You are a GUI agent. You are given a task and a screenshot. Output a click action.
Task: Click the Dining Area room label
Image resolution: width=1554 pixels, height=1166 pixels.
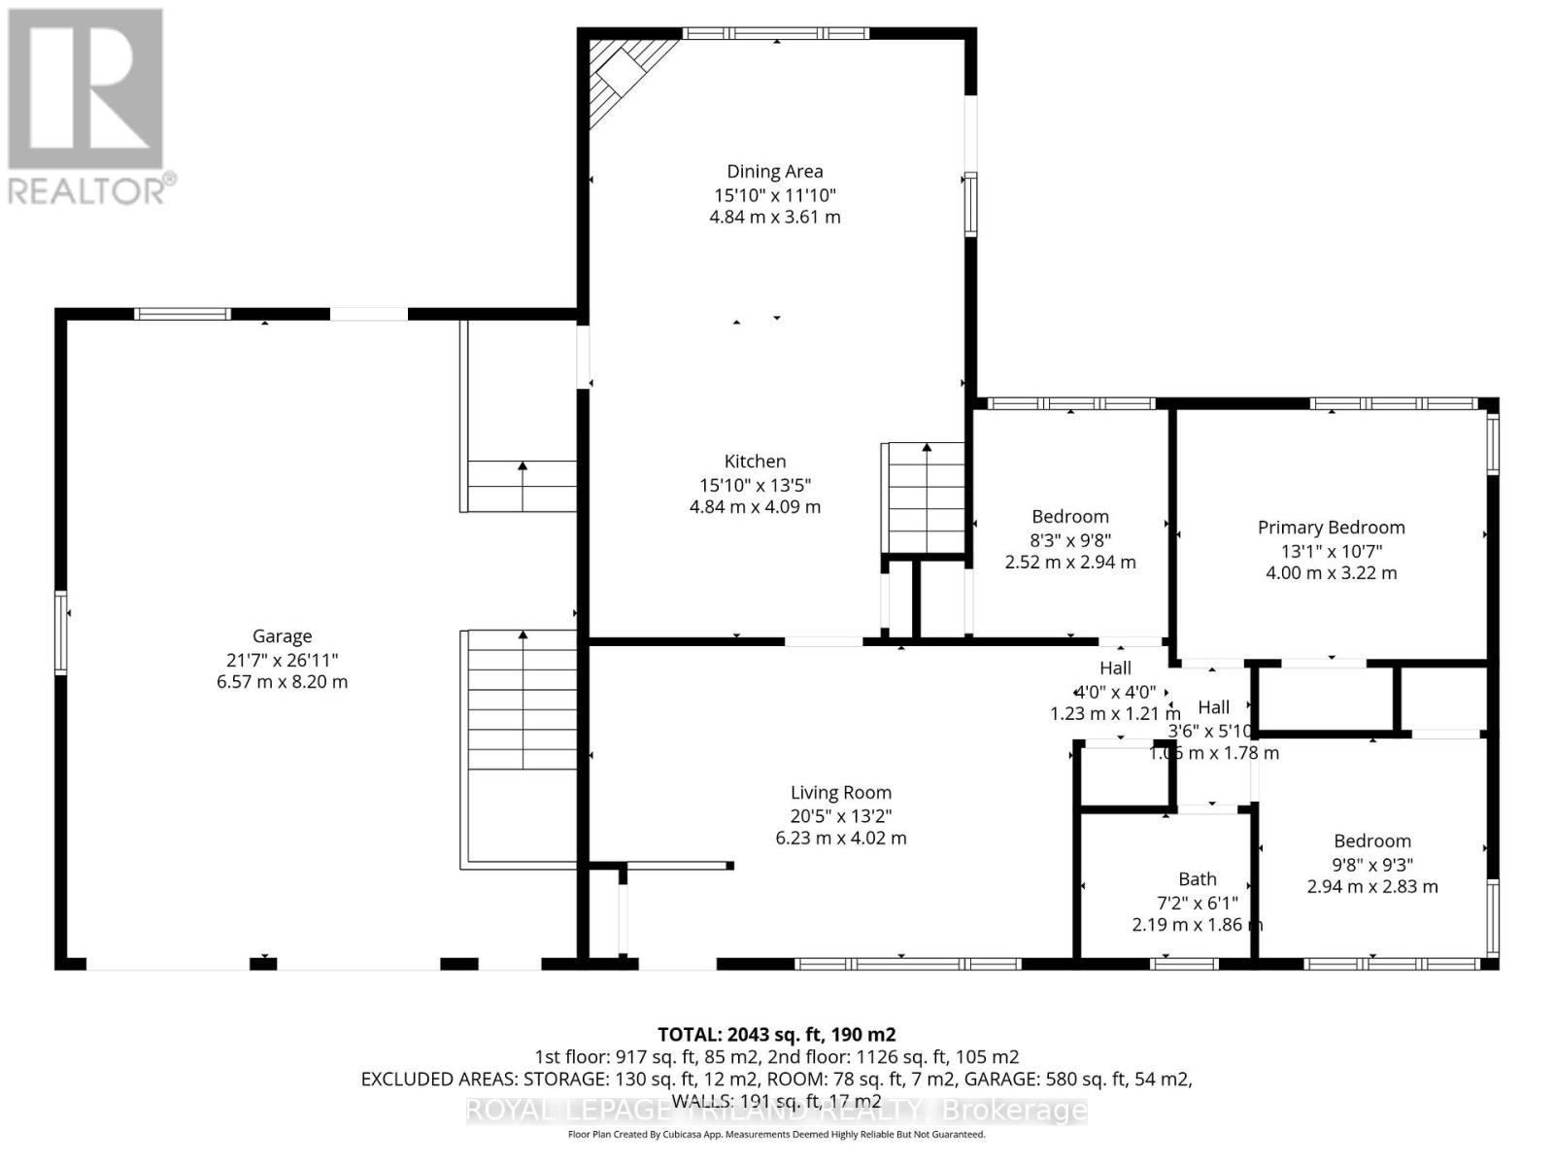pyautogui.click(x=775, y=172)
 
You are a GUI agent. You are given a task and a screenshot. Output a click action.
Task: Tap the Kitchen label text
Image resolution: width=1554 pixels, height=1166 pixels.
pyautogui.click(x=755, y=462)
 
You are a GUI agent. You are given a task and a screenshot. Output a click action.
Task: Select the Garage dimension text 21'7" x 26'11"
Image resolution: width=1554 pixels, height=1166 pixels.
pyautogui.click(x=282, y=660)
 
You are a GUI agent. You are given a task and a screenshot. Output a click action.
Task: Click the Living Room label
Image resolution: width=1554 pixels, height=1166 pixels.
pyautogui.click(x=840, y=793)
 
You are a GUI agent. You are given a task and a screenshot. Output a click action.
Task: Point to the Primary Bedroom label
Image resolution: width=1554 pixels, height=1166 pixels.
pyautogui.click(x=1331, y=528)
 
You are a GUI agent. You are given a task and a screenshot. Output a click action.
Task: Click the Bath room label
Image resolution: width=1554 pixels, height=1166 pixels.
pyautogui.click(x=1197, y=879)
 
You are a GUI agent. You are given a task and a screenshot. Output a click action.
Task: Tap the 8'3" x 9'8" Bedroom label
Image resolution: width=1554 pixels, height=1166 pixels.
pyautogui.click(x=1069, y=517)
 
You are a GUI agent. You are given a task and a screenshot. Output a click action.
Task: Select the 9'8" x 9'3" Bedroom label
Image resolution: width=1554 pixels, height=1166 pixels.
pyautogui.click(x=1371, y=841)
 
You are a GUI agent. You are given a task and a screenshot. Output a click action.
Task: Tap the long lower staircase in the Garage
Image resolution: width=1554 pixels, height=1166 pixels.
pyautogui.click(x=523, y=700)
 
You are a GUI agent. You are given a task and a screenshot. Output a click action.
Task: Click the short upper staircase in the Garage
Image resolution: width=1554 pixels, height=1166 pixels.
pyautogui.click(x=523, y=486)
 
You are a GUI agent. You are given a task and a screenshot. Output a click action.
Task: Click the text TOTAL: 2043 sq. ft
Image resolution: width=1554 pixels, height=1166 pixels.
pyautogui.click(x=776, y=1034)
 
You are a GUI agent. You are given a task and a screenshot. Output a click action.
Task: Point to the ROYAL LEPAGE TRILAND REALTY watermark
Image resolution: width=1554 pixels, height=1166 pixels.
pyautogui.click(x=776, y=1110)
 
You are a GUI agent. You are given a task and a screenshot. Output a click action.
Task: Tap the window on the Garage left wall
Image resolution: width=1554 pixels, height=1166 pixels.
pyautogui.click(x=60, y=633)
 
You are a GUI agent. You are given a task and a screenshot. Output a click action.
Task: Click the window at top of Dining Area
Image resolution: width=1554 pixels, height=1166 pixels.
pyautogui.click(x=775, y=33)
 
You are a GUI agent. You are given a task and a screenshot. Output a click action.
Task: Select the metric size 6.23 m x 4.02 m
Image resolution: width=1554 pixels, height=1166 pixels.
pyautogui.click(x=840, y=838)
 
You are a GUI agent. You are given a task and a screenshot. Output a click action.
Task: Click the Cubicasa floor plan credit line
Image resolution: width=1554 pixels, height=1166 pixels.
pyautogui.click(x=776, y=1134)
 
